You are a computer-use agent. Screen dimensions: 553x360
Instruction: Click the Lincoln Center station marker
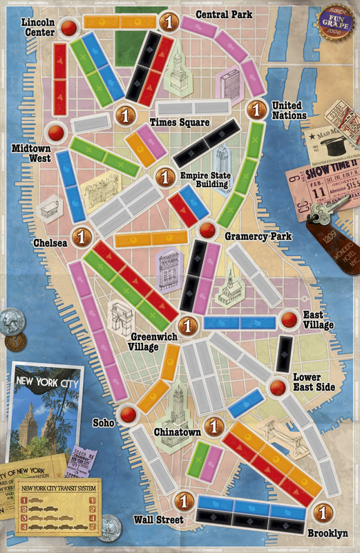coord(69,28)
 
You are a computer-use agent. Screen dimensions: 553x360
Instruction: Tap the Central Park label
coord(224,14)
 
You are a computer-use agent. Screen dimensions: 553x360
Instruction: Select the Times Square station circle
coord(125,115)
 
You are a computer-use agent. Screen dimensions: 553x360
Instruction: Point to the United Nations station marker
coord(257,109)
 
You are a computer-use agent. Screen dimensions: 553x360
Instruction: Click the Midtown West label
coord(30,153)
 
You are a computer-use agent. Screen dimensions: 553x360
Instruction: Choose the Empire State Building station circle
coord(164,176)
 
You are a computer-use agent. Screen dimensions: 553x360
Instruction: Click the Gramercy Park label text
coord(258,237)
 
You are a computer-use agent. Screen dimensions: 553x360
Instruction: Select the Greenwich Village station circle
coord(187,324)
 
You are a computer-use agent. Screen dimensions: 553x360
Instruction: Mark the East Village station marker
coord(289,319)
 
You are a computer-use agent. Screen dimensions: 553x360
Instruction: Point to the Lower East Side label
coord(314,382)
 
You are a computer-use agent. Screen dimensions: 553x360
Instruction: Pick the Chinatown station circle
coord(215,425)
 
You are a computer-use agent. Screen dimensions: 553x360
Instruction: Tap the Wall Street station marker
coord(184,500)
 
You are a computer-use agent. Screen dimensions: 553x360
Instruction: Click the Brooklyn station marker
coord(320,512)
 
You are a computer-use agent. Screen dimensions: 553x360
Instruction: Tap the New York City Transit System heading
coord(59,488)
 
